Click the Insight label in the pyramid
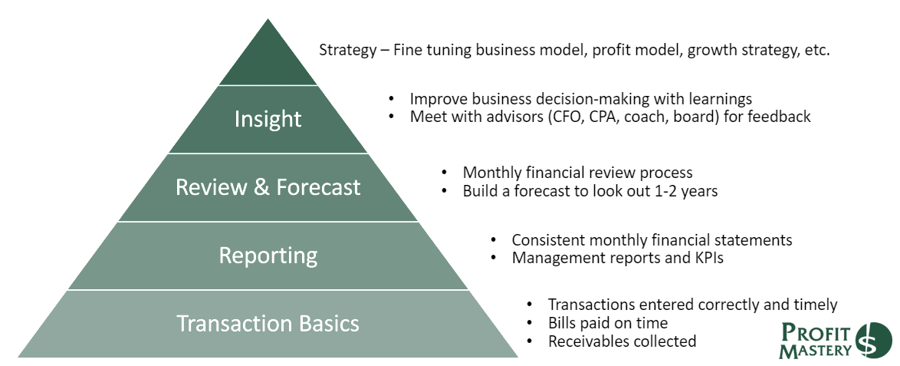268,119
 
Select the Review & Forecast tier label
268,187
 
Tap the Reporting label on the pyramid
268,256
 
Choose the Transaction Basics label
268,324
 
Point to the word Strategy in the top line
347,51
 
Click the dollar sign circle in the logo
874,341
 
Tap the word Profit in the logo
816,333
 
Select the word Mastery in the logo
815,350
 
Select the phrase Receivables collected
622,341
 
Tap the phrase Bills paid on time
608,323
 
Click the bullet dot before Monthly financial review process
445,173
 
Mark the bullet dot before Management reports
494,258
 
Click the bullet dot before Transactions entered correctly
530,305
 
